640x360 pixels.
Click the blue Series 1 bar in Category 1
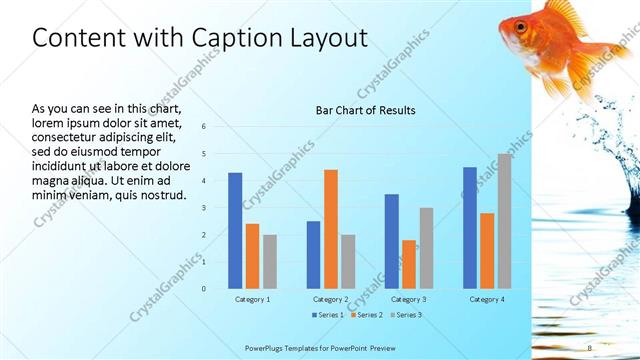tap(235, 231)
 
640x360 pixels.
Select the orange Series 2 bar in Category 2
tap(331, 229)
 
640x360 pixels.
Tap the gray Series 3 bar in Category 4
tap(504, 221)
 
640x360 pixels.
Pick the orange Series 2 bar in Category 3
tap(409, 264)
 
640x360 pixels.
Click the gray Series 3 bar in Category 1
tap(270, 261)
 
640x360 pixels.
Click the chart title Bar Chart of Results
tap(365, 110)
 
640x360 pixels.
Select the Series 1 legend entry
tap(328, 315)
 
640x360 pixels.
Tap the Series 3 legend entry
tap(404, 315)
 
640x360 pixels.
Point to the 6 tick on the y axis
tap(203, 127)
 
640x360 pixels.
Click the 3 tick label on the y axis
tap(203, 208)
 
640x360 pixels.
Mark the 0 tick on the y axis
tap(203, 289)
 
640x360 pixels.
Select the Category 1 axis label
tap(252, 300)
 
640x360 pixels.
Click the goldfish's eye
tap(521, 26)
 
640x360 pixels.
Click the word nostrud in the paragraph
tap(161, 194)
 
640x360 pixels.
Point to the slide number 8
tap(590, 347)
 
